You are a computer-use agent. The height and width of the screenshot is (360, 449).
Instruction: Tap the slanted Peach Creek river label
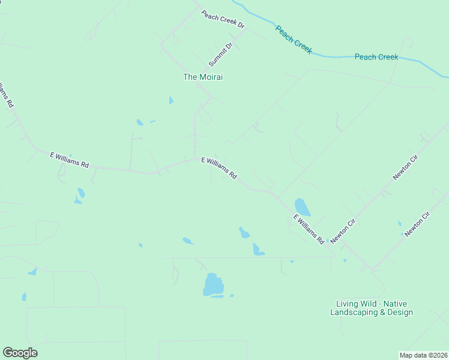294,39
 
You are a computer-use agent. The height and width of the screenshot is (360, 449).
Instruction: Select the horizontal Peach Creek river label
376,57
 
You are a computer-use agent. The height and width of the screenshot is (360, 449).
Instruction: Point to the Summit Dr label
220,55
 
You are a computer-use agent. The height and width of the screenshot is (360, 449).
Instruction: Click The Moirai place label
199,77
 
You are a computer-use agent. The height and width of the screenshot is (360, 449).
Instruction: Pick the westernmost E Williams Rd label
69,160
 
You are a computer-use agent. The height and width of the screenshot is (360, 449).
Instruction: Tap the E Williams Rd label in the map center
219,169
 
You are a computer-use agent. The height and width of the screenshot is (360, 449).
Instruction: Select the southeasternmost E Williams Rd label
309,229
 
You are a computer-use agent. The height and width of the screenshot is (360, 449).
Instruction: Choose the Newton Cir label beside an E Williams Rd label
344,230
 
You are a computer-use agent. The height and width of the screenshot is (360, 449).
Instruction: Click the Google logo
20,353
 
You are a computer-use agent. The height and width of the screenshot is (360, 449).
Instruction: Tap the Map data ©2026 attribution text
423,355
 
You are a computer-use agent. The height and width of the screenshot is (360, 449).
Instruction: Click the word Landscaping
354,312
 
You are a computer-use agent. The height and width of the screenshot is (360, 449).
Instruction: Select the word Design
400,312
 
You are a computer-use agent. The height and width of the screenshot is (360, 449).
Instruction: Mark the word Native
396,304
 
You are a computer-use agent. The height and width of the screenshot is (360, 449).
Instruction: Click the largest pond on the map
212,284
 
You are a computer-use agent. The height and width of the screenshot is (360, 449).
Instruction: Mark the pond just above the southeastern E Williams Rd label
303,207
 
